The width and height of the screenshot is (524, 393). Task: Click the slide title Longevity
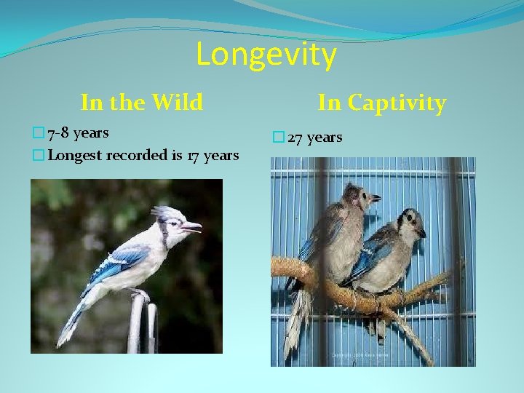tap(266, 55)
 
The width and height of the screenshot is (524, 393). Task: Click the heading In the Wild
tap(141, 103)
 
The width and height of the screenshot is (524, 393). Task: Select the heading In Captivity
tap(381, 103)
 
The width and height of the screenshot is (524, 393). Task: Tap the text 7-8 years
tap(78, 133)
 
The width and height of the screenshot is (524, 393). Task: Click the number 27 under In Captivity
tap(295, 138)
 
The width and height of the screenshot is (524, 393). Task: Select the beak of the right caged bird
tap(422, 233)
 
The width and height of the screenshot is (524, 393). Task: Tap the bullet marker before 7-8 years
tap(38, 133)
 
